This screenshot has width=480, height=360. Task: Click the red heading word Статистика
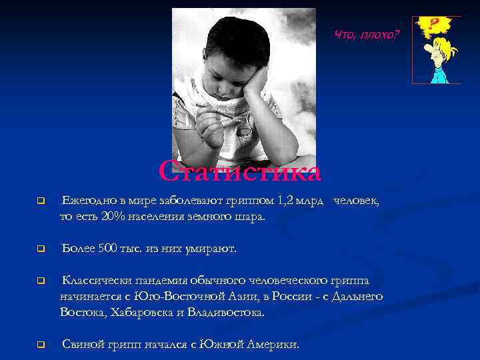(x=240, y=171)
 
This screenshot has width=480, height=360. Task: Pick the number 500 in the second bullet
(x=107, y=249)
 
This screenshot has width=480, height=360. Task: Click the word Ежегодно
(x=86, y=201)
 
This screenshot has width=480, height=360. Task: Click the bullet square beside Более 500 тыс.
(x=40, y=249)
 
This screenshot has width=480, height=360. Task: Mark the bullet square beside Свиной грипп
(x=40, y=345)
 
